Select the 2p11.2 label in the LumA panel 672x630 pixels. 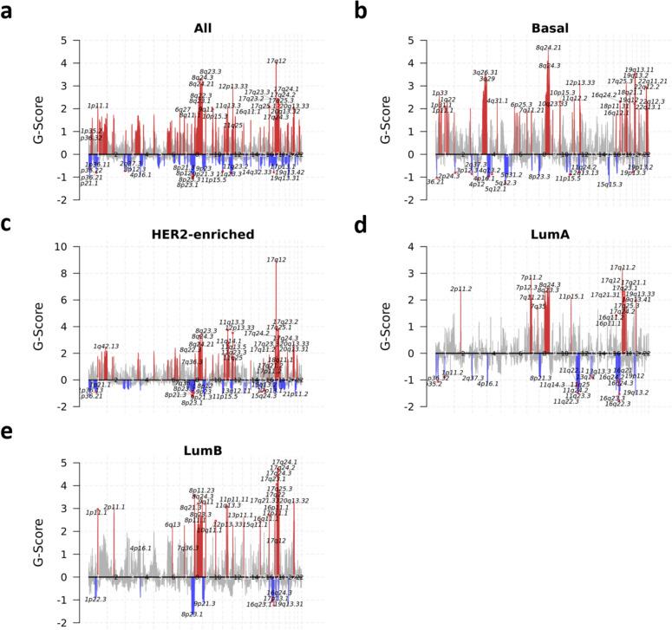461,289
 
